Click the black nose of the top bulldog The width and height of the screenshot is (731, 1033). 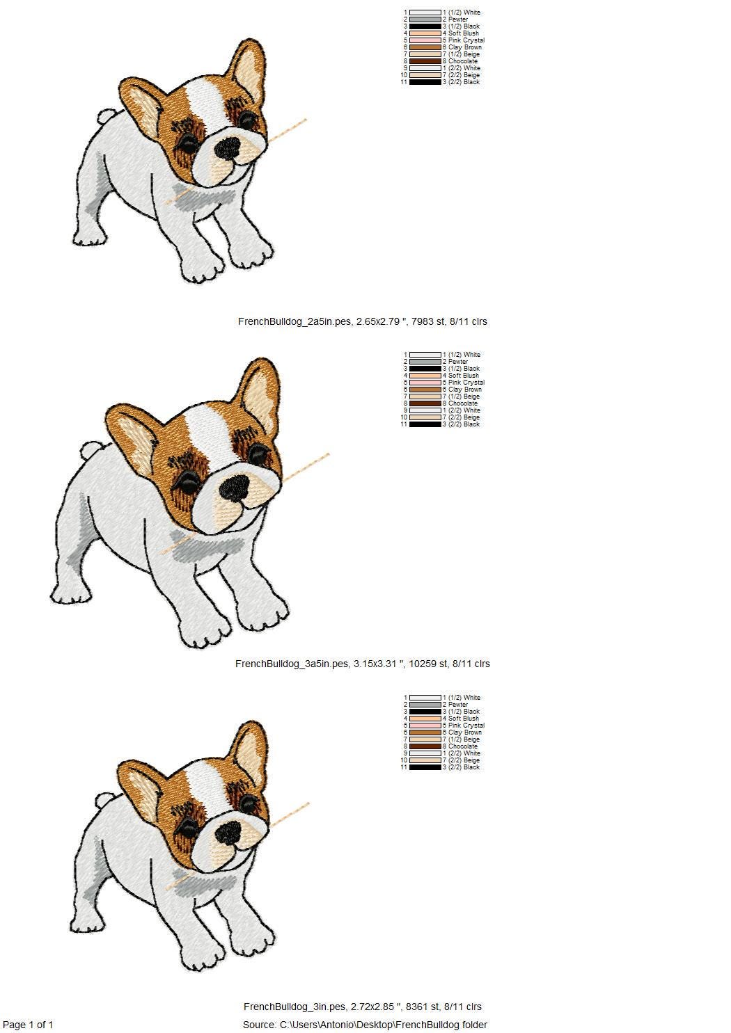[228, 147]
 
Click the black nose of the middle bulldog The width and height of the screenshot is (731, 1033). [234, 488]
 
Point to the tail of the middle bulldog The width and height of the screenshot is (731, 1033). [89, 451]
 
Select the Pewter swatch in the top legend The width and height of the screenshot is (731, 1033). [425, 19]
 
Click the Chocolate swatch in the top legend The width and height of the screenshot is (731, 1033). [425, 61]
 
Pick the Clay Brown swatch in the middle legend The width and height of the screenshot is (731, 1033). [425, 390]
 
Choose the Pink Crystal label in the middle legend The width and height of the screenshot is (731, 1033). [466, 383]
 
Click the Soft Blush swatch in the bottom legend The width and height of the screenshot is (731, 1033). [425, 719]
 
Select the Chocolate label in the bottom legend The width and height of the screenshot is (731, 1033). [463, 746]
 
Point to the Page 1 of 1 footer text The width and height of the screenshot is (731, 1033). [29, 1025]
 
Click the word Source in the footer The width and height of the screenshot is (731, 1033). [258, 1025]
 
